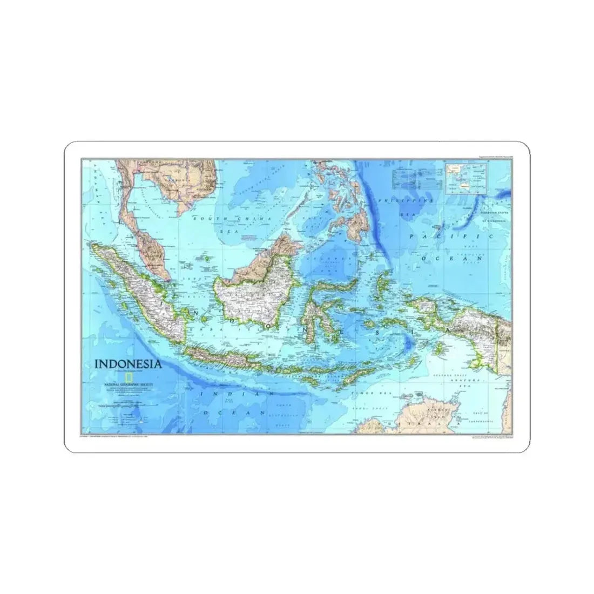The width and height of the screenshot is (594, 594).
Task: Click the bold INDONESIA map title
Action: click(x=128, y=363)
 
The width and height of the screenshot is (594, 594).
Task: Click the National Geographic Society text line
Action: click(x=130, y=384)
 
